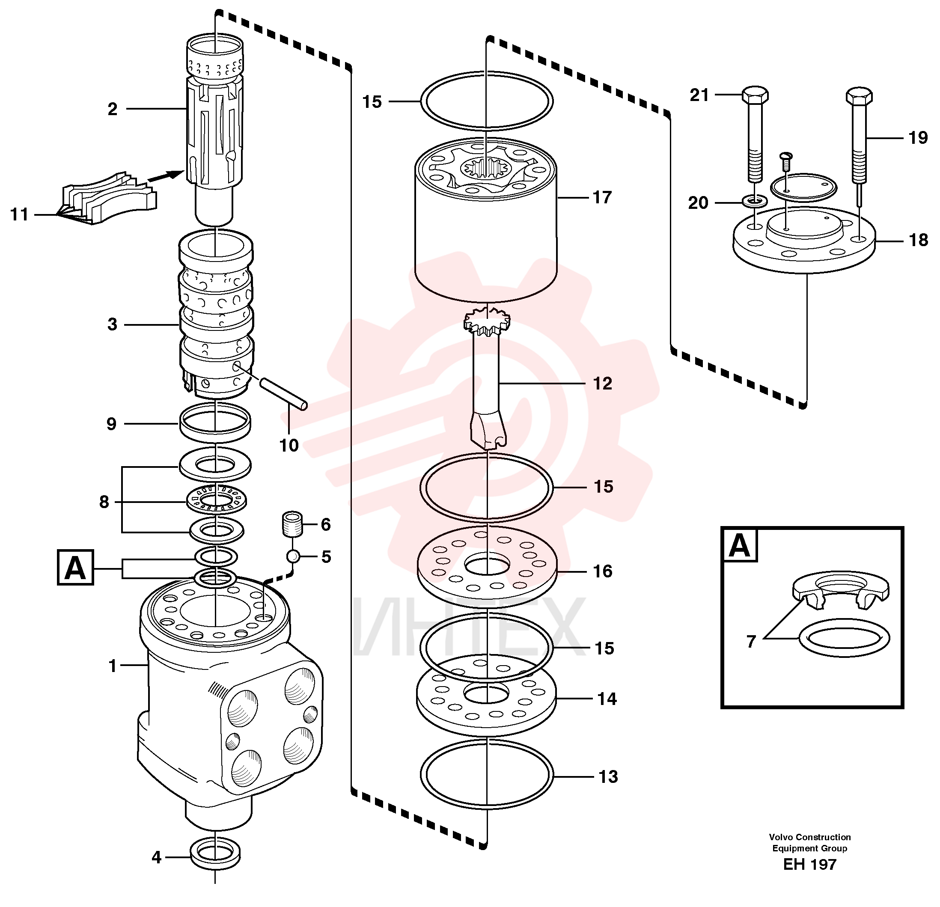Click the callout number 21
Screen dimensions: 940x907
[x=699, y=95]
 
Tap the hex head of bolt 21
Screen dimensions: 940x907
[x=755, y=95]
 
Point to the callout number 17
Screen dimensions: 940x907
[x=602, y=197]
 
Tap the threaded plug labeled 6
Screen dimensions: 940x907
[x=292, y=524]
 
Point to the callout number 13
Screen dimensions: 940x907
[x=608, y=776]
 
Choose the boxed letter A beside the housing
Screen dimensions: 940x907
[x=75, y=568]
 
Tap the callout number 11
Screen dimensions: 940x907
[x=19, y=214]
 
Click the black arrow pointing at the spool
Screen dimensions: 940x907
[x=166, y=175]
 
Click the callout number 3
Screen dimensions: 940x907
[x=112, y=325]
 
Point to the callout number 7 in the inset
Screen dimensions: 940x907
[x=751, y=641]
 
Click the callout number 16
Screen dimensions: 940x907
[x=602, y=571]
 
